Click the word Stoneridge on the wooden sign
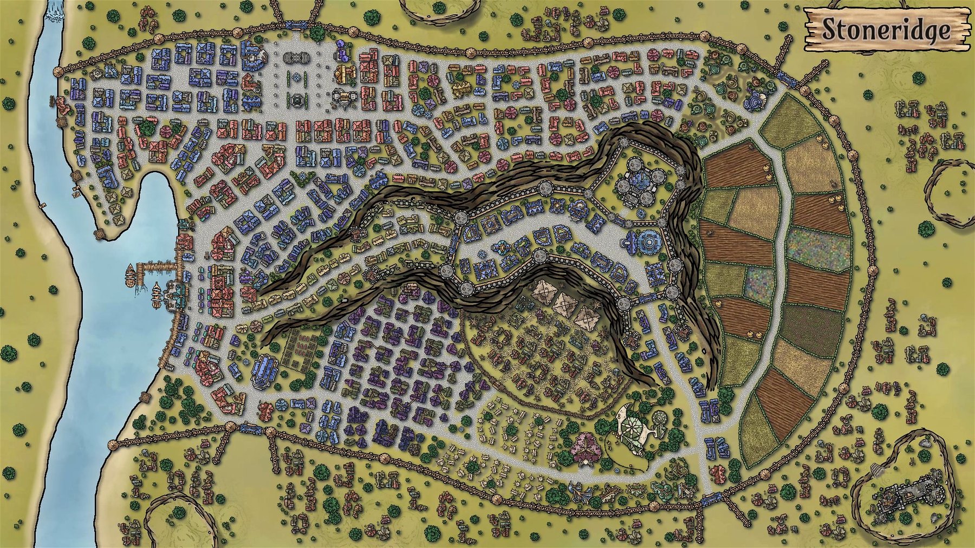[x=886, y=30]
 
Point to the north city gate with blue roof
[x=295, y=24]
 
